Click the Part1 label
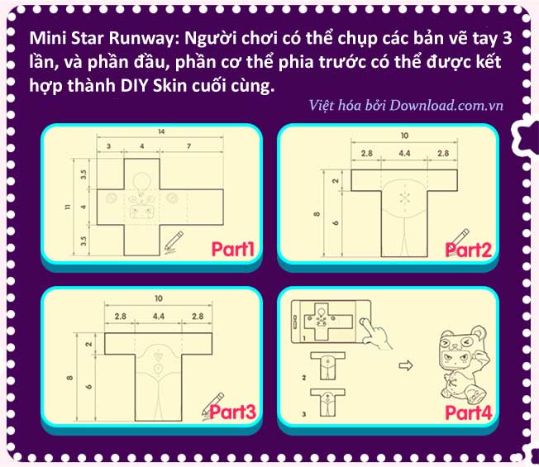coord(233,249)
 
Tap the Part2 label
coord(468,250)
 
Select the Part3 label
coord(233,412)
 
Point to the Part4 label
coord(469,412)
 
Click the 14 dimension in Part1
coord(161,131)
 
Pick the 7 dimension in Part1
coord(188,146)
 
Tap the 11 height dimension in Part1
coord(68,207)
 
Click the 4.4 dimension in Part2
coord(404,153)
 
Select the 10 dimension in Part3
coord(159,298)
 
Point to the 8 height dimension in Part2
coord(317,214)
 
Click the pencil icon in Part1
coord(174,242)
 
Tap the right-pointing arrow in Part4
coord(406,365)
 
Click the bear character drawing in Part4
coord(464,365)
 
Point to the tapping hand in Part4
coord(374,333)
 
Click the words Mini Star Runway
coord(102,38)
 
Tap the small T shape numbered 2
coord(327,365)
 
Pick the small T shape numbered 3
coord(327,403)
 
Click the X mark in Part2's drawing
coord(404,198)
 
